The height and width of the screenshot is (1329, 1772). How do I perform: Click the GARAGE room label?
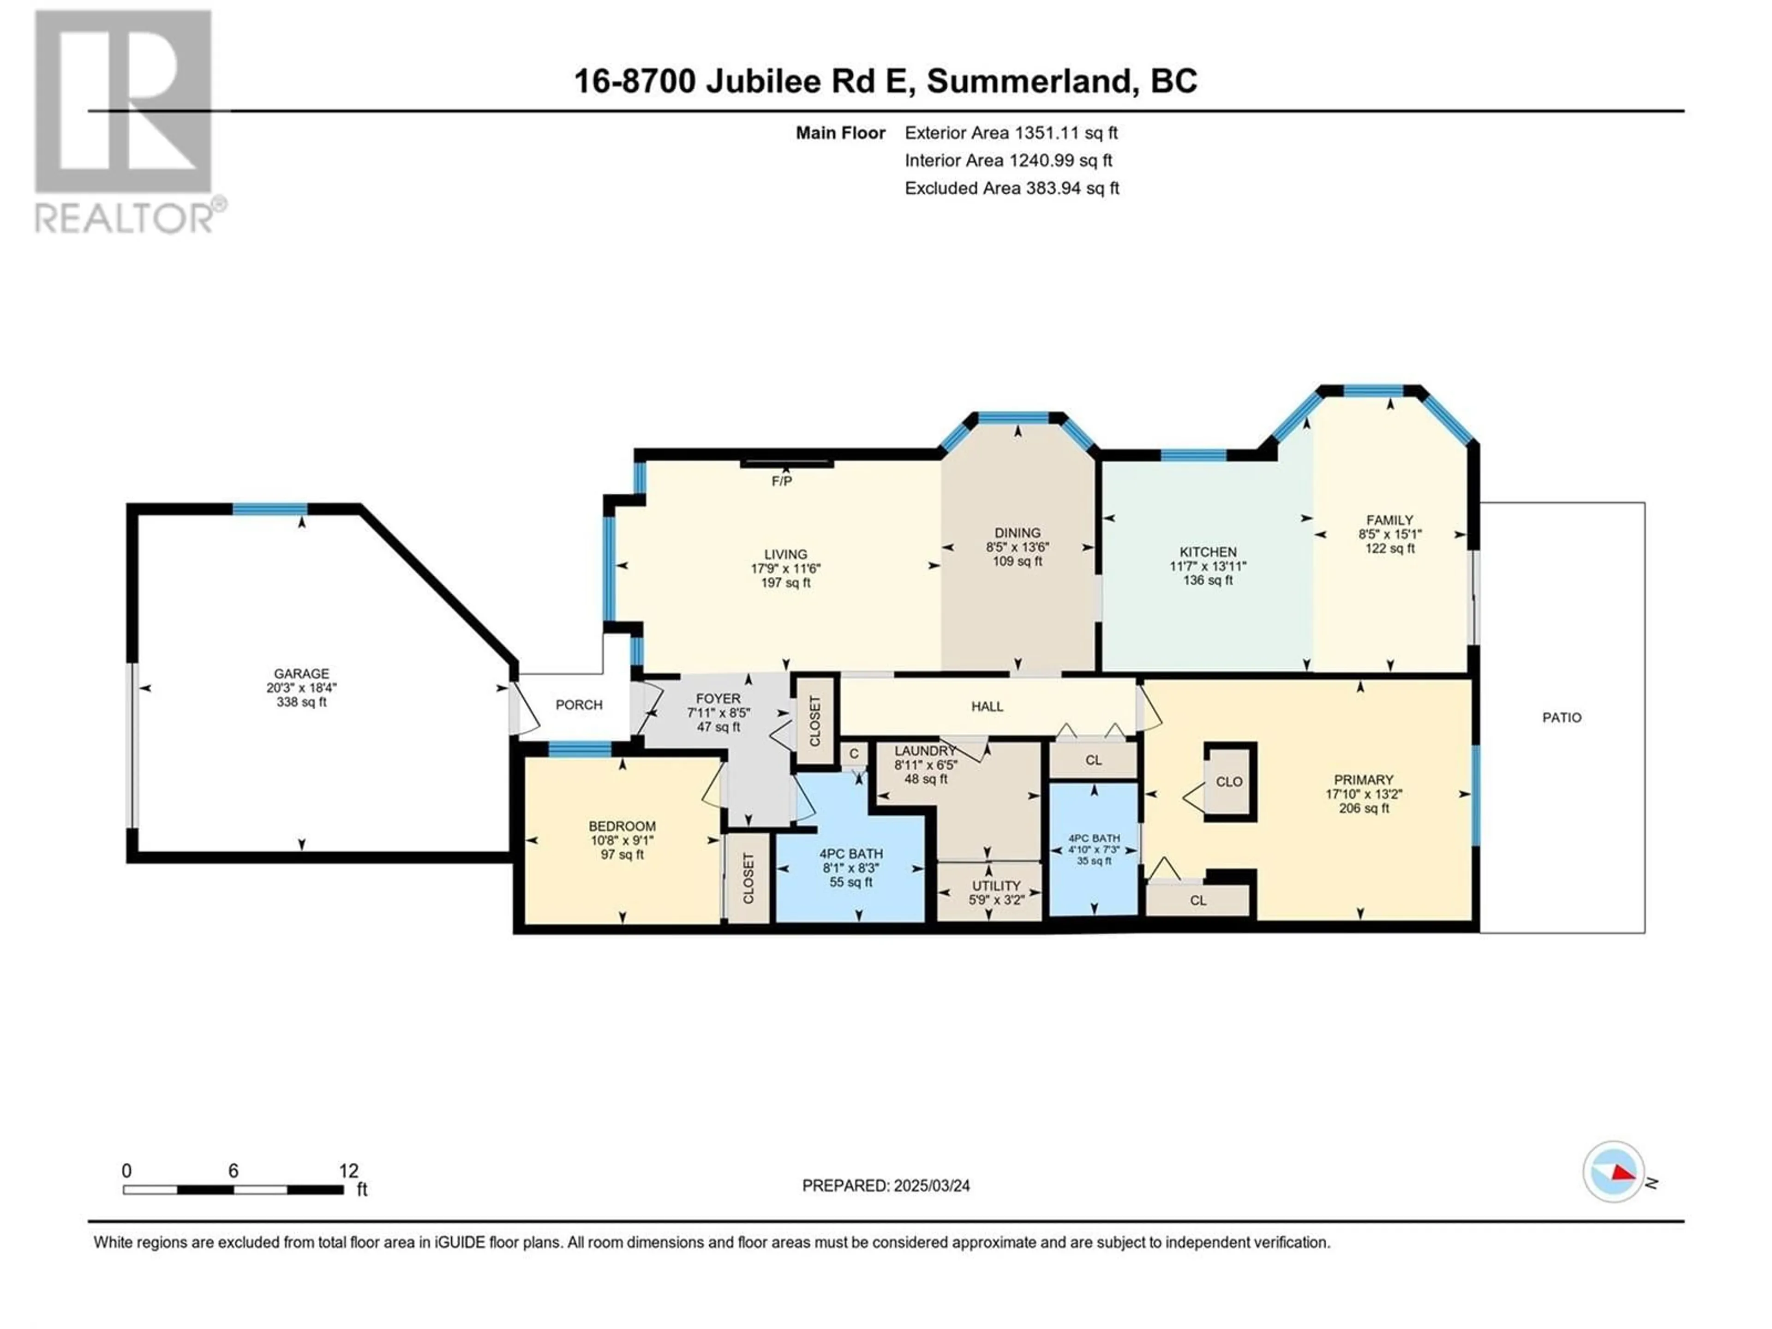301,674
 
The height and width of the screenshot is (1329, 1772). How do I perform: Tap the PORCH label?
578,705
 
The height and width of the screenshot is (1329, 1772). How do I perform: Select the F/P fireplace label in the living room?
782,481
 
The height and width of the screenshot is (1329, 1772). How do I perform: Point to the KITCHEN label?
1208,552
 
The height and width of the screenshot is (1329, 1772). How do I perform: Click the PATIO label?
1562,718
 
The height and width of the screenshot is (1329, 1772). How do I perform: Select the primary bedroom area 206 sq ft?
1364,808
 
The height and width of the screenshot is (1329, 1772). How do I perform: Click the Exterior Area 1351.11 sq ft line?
1011,133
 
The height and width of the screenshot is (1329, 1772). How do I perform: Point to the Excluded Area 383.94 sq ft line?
1012,188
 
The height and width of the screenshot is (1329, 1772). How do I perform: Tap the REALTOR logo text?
124,218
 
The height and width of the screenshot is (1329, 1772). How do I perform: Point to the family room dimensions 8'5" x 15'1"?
1390,534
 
